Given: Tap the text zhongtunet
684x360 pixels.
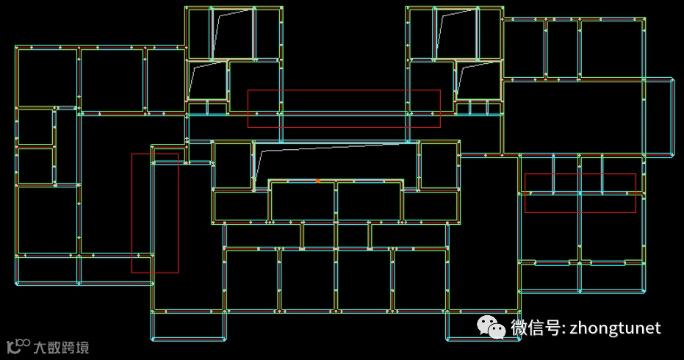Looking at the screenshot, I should point(615,328).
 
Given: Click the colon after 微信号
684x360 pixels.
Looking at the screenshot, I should point(562,329).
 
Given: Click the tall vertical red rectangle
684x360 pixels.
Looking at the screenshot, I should point(154,213).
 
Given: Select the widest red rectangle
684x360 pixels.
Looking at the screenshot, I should point(344,109).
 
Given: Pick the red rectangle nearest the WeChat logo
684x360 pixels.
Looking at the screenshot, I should point(580,193).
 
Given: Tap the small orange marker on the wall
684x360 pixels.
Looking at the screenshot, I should point(317,180).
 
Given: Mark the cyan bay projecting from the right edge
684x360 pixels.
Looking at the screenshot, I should point(659,118).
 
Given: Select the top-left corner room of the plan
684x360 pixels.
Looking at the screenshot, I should point(47,77).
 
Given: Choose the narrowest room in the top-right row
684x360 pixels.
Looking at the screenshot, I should point(562,48).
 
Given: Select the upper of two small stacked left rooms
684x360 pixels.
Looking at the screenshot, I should point(35,126).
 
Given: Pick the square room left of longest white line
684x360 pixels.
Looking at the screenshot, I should point(233,165).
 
